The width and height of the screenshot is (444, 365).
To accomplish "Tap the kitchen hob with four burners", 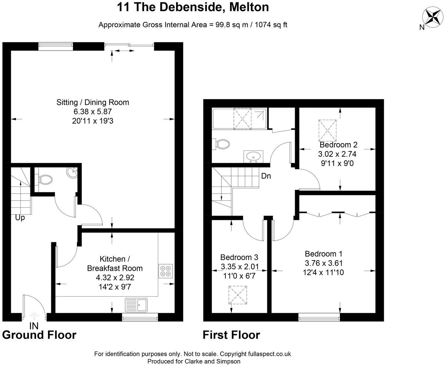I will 166,271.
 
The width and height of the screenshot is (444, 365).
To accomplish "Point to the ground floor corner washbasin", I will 72,172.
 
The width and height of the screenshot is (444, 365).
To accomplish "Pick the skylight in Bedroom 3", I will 238,295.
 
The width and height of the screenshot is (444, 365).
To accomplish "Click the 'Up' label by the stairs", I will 20,218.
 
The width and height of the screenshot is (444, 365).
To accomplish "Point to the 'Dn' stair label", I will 266,176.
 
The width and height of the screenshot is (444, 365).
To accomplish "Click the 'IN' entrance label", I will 34,326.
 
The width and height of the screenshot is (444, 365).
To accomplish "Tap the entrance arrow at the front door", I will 34,315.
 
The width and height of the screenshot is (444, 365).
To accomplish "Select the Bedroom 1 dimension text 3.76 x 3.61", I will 323,263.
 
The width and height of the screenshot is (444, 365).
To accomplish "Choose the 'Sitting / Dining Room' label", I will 92,102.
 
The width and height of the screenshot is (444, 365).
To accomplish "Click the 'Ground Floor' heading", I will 39,335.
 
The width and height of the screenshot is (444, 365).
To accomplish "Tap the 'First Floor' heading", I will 231,335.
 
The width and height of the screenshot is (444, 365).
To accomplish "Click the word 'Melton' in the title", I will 248,7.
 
